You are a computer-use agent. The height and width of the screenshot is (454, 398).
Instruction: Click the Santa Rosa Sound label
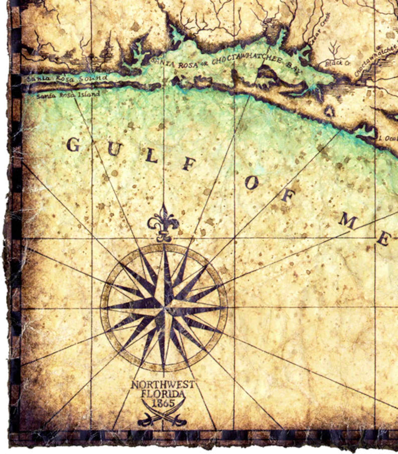coord(67,78)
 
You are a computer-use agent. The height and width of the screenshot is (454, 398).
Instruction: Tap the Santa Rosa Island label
coord(68,95)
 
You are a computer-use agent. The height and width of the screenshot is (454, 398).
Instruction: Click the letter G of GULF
coord(73,145)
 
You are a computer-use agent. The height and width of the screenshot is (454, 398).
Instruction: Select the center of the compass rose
coord(164,307)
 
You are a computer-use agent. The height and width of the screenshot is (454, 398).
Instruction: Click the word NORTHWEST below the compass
coord(163,385)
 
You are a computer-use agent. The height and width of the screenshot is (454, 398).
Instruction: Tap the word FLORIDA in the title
coord(163,394)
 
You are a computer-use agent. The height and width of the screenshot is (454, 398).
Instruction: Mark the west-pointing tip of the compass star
coord(102,308)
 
